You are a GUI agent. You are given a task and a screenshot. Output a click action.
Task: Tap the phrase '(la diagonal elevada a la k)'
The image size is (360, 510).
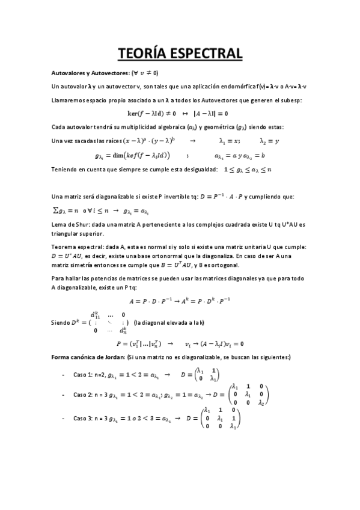[x=169, y=323]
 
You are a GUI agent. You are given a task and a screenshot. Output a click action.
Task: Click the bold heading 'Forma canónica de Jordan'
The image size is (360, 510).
[x=84, y=357]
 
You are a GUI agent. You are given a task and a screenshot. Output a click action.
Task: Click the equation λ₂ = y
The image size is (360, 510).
[x=266, y=141]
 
